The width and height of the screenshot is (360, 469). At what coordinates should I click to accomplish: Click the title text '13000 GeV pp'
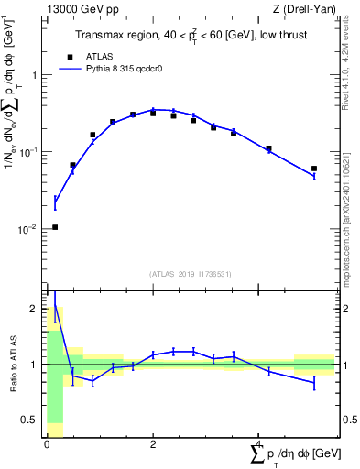[x=76, y=9]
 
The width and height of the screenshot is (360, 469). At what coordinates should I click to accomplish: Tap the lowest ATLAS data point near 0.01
[x=55, y=227]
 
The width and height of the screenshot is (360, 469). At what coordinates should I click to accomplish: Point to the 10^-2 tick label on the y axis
[x=30, y=229]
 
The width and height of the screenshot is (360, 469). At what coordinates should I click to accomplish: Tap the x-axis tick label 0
[x=47, y=443]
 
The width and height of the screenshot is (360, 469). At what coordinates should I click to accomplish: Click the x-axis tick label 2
[x=153, y=443]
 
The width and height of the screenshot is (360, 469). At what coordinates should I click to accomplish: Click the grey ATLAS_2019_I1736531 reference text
[x=190, y=274]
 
